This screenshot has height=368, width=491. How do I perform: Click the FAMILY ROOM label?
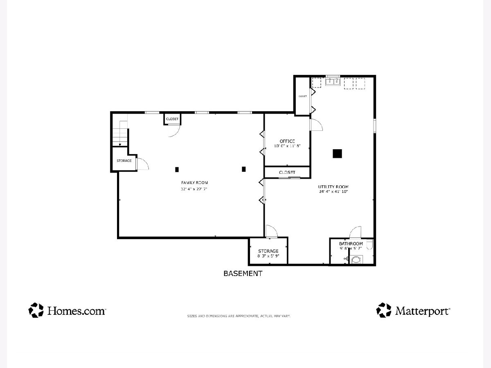[194, 182]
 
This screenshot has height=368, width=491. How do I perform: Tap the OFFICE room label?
[287, 141]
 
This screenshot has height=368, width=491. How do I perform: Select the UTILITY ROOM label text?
[333, 186]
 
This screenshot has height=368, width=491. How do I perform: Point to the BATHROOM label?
[351, 244]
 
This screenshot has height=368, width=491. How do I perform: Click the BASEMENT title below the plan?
[243, 274]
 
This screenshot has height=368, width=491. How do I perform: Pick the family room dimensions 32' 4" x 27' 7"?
[194, 189]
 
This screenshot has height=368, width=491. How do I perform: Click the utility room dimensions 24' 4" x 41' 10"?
[333, 191]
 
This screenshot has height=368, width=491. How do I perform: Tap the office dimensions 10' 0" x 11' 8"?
[287, 146]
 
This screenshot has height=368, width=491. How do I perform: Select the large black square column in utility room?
[337, 154]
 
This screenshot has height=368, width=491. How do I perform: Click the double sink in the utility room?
[333, 81]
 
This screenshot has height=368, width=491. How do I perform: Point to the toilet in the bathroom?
[370, 245]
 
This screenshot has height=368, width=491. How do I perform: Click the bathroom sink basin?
[356, 260]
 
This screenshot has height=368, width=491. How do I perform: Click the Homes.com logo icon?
[36, 310]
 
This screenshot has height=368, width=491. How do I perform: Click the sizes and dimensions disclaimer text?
[239, 316]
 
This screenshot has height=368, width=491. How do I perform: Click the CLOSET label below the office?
[287, 172]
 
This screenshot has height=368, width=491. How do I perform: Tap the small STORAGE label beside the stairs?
[124, 161]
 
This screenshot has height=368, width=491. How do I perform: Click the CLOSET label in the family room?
[172, 119]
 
